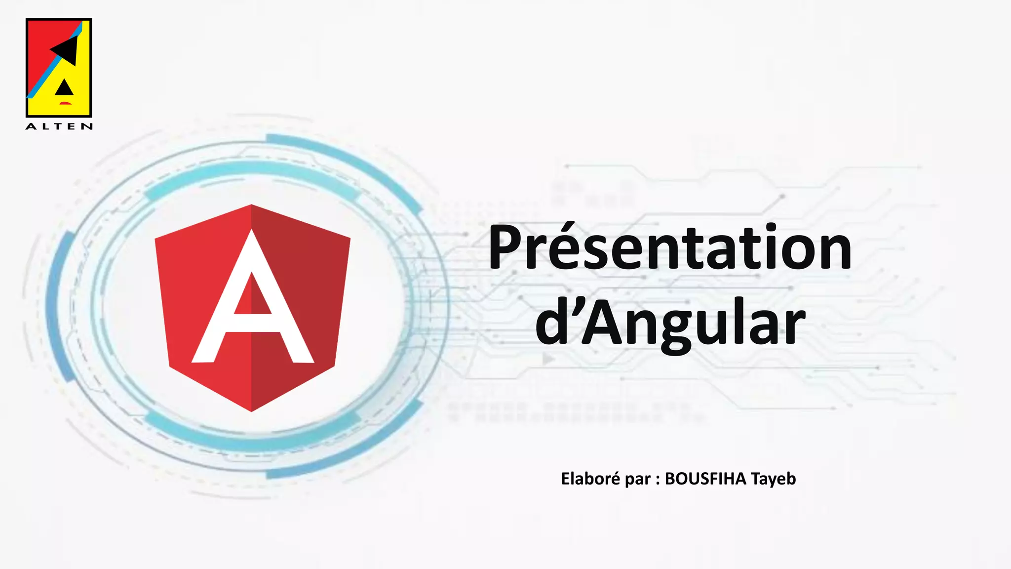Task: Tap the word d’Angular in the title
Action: (x=670, y=324)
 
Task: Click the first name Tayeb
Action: (x=774, y=479)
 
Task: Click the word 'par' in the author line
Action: (x=637, y=480)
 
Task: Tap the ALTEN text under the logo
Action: (x=59, y=126)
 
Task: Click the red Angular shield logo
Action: (x=306, y=277)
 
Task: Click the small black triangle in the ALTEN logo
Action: (x=64, y=88)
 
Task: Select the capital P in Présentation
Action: (x=508, y=247)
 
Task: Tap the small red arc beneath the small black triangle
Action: (x=65, y=103)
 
